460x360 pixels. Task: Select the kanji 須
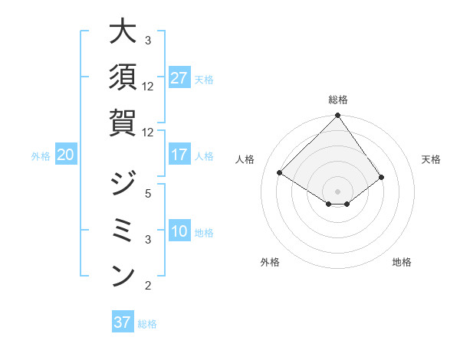(x=123, y=77)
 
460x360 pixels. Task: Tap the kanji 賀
(x=123, y=123)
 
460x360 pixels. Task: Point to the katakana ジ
(x=123, y=184)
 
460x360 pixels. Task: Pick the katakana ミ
(x=123, y=230)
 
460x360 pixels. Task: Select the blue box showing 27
(x=179, y=78)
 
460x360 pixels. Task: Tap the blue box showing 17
(x=179, y=155)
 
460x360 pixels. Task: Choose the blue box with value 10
(x=179, y=231)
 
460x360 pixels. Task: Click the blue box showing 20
(x=65, y=155)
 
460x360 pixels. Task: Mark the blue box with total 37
(x=122, y=322)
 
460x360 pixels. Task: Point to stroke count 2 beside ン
(x=148, y=286)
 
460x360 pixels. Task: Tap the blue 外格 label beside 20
(x=41, y=155)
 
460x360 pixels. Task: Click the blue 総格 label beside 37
(x=147, y=323)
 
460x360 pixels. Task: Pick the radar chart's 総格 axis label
(x=337, y=100)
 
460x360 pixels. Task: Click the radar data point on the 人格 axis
(x=280, y=173)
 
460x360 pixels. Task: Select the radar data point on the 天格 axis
(x=382, y=177)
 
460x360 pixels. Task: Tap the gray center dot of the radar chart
(x=337, y=191)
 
